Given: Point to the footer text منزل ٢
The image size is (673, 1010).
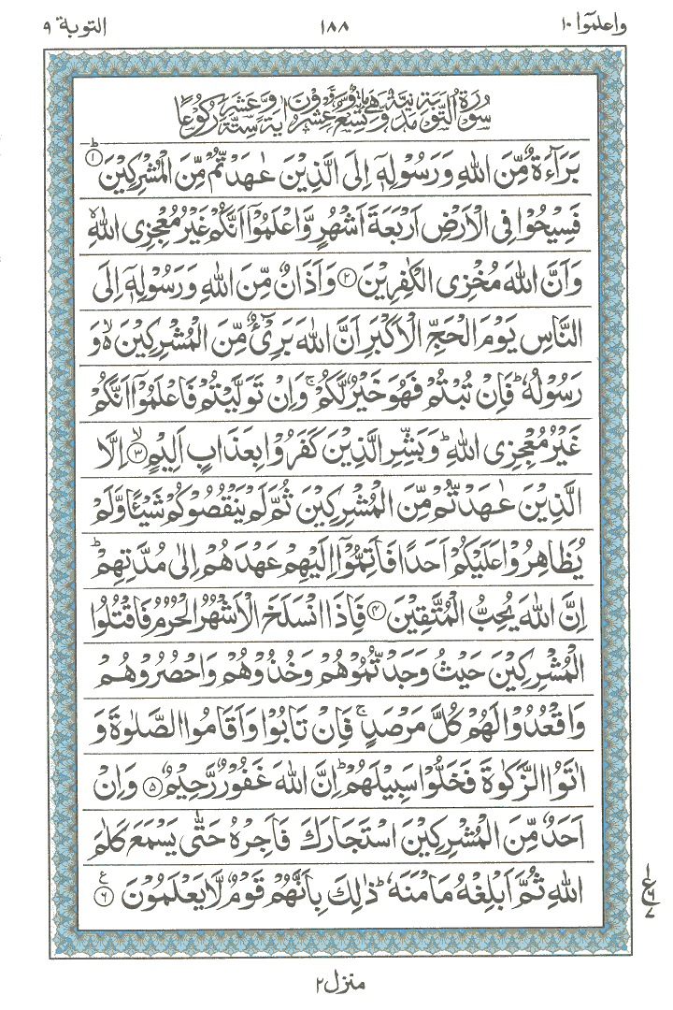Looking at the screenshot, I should (x=336, y=984).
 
